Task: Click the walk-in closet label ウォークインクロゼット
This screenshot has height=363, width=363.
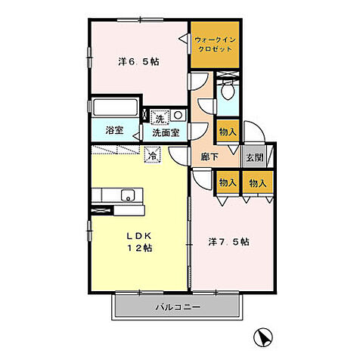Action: [x=215, y=44]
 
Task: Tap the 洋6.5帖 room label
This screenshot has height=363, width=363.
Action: [x=138, y=61]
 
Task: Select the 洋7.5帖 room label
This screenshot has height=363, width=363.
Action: [x=229, y=242]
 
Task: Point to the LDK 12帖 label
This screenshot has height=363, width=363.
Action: [x=139, y=242]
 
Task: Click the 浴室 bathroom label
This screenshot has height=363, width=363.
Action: [x=114, y=130]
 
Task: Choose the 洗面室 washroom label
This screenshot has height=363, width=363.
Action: [x=166, y=133]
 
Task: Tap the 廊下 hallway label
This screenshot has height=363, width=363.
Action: [x=209, y=157]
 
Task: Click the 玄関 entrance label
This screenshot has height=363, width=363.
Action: [x=255, y=158]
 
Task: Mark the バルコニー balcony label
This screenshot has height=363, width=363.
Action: [x=178, y=307]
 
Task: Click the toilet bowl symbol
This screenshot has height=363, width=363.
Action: [x=228, y=92]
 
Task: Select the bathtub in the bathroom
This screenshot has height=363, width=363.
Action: [x=116, y=108]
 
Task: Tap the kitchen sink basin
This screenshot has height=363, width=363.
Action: [x=128, y=195]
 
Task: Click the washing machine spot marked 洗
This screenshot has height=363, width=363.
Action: [x=160, y=118]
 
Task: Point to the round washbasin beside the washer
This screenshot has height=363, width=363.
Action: [x=178, y=116]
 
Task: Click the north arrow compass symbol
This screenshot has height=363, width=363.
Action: [x=263, y=337]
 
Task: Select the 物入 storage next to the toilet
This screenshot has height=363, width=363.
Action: [x=228, y=132]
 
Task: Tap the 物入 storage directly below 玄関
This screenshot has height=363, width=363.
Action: [x=258, y=182]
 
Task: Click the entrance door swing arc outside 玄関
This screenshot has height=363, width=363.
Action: [x=258, y=126]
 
